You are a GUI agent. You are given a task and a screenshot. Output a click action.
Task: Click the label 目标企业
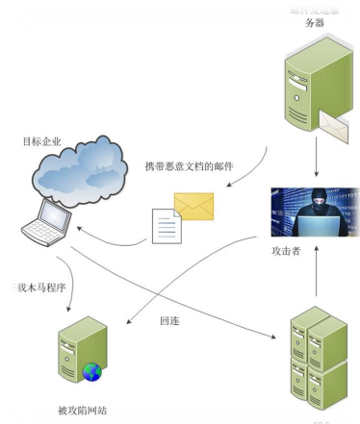(40, 141)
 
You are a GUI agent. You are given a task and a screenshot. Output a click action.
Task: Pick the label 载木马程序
(30, 287)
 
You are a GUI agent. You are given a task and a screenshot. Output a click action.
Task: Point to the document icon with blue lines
(167, 227)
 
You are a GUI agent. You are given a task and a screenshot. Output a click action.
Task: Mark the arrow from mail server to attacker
(316, 156)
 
